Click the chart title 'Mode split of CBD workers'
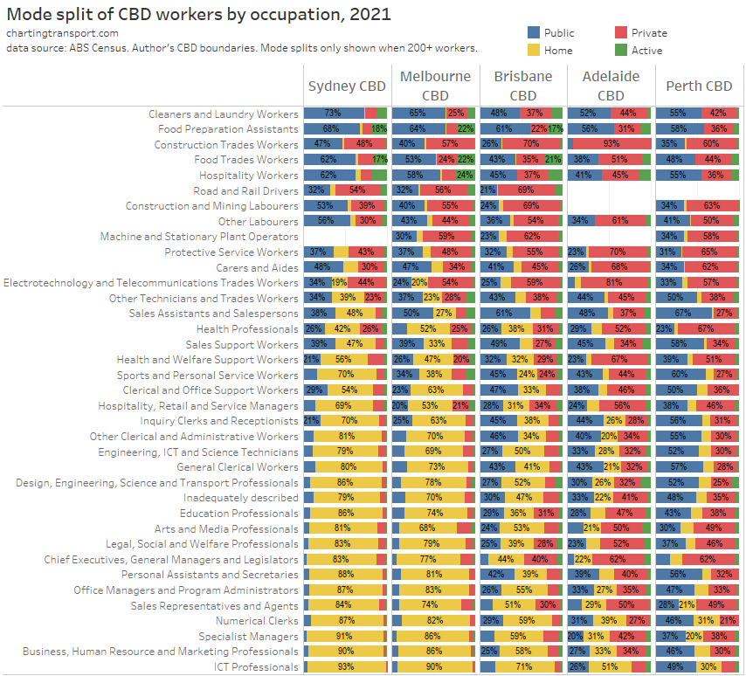pyautogui.click(x=199, y=15)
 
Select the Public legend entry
pyautogui.click(x=559, y=33)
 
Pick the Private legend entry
pyautogui.click(x=648, y=33)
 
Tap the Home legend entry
pyautogui.click(x=558, y=50)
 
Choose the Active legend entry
pyautogui.click(x=646, y=50)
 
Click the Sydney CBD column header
pyautogui.click(x=347, y=86)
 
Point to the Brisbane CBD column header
pyautogui.click(x=522, y=86)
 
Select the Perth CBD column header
pyautogui.click(x=699, y=86)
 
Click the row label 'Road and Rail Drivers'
pyautogui.click(x=245, y=190)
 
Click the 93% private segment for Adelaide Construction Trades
pyautogui.click(x=611, y=144)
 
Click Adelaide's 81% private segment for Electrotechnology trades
pyautogui.click(x=614, y=283)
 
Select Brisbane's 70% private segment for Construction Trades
pyautogui.click(x=531, y=144)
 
